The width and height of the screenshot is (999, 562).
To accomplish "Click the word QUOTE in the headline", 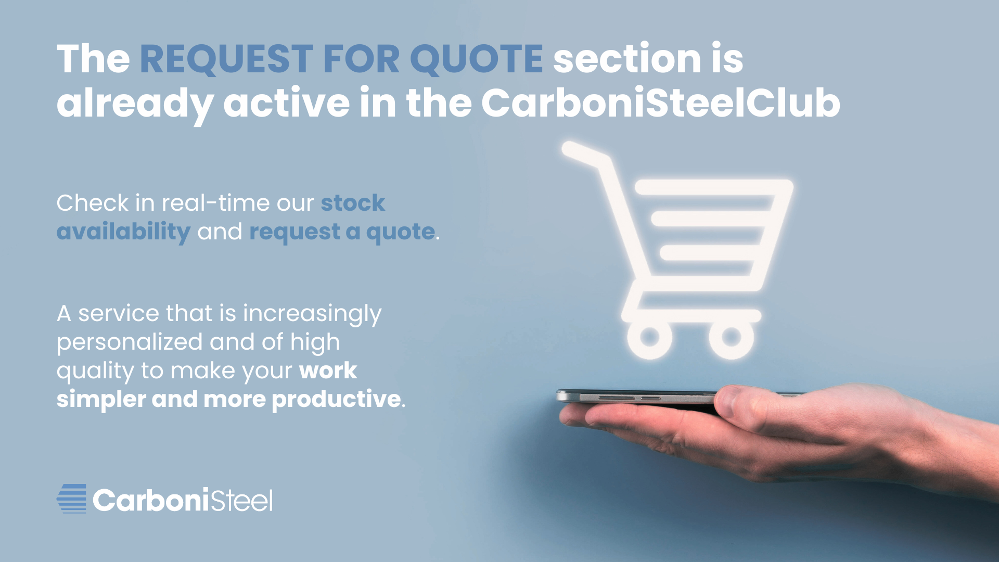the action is point(477,59).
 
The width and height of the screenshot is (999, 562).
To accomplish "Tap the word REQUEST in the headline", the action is point(226,59).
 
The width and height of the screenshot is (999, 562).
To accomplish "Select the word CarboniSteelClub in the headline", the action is point(661,103).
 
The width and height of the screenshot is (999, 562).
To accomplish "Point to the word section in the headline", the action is point(627,58).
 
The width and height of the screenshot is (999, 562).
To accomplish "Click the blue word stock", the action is point(353,203).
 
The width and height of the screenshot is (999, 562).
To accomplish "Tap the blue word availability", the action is point(123,232).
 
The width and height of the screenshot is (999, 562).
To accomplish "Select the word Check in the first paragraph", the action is point(93,202).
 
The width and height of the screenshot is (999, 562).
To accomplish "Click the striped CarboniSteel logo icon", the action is point(72,499).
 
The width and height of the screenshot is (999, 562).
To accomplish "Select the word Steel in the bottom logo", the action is point(241,501).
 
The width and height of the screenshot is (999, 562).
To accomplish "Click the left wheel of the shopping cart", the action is point(650,337).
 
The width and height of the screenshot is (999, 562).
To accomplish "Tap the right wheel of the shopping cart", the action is point(732,337).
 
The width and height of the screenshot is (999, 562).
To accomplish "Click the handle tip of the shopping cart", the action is point(570,148).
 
